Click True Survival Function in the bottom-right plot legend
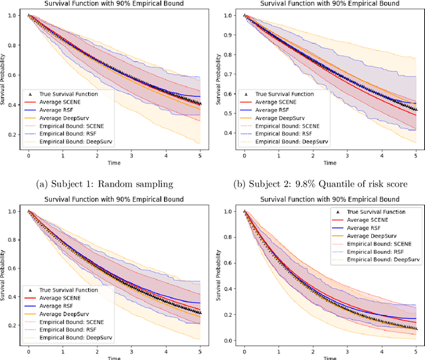(x=377, y=212)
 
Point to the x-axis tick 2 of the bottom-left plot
(x=96, y=350)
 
